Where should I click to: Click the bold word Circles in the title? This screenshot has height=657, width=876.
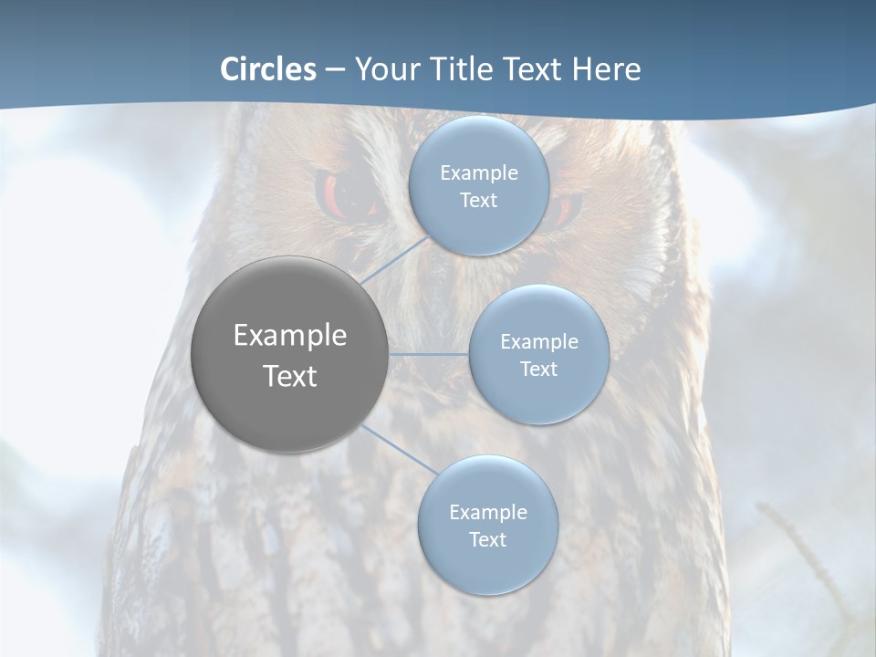click(x=268, y=69)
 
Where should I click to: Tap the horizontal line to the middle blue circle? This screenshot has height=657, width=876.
click(x=429, y=354)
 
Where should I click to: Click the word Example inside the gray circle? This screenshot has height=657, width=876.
click(x=290, y=336)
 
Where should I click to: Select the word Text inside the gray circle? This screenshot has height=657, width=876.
click(x=290, y=376)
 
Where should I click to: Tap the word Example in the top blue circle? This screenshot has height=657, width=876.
click(x=479, y=173)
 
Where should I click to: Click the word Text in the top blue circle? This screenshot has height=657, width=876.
click(x=479, y=201)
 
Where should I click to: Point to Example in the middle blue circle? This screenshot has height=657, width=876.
click(x=538, y=342)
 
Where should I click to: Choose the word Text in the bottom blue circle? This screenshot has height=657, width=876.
click(x=487, y=540)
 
